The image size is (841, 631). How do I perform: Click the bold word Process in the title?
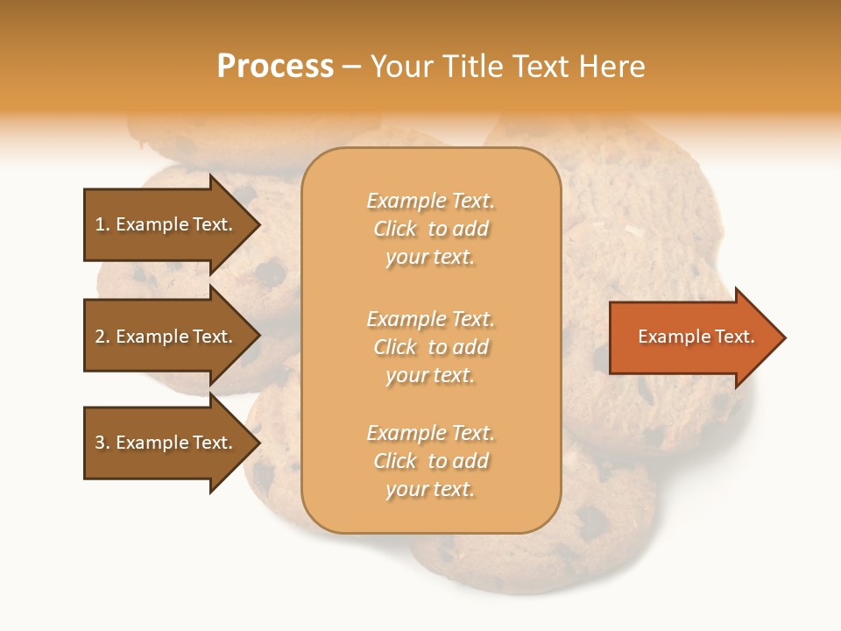(275, 67)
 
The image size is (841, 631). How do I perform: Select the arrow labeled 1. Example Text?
(166, 224)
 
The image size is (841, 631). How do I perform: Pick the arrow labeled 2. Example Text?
(166, 337)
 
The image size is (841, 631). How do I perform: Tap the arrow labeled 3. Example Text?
(166, 443)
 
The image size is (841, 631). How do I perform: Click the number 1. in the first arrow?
(102, 224)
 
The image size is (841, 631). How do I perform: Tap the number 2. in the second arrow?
(102, 337)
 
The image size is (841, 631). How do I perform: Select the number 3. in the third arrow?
(102, 443)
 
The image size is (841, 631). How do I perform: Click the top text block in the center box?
(430, 229)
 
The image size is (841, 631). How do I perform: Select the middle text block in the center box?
(430, 347)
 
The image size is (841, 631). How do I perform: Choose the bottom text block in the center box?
(430, 461)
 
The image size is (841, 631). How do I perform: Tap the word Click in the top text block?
(395, 229)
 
